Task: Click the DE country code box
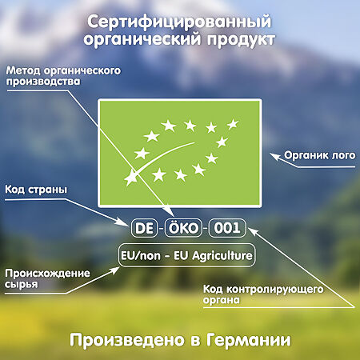click(145, 227)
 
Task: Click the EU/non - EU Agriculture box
click(186, 257)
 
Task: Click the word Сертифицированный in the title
click(178, 20)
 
